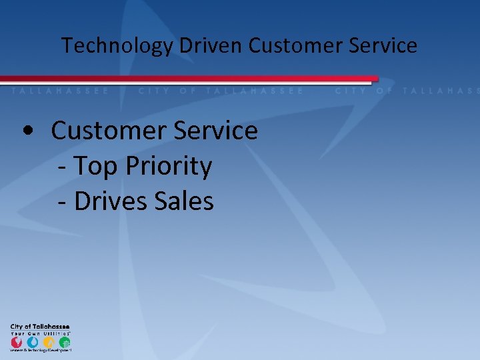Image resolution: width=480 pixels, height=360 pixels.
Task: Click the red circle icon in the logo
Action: point(16,342)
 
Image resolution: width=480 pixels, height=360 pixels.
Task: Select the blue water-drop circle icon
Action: point(33,342)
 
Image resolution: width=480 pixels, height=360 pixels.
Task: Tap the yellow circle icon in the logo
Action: point(49,342)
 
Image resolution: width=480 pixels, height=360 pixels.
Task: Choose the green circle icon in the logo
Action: point(65,342)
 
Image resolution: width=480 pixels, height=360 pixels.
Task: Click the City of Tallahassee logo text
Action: point(40,327)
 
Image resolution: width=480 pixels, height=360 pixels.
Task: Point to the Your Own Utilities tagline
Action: point(40,333)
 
